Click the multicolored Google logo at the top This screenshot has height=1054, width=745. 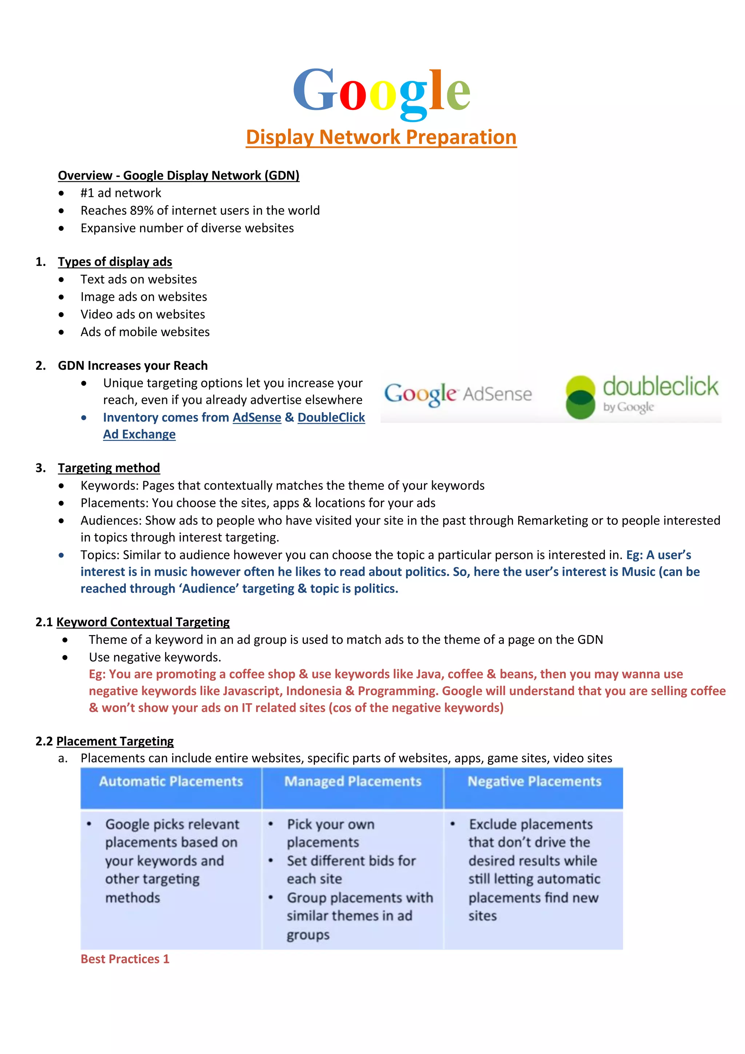point(381,92)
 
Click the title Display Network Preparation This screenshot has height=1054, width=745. point(381,137)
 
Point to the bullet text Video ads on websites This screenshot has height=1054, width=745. point(143,314)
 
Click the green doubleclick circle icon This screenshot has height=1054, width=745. point(580,397)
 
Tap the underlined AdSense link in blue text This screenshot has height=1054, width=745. point(257,418)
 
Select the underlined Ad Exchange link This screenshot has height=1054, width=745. point(139,434)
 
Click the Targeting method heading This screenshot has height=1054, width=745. point(109,468)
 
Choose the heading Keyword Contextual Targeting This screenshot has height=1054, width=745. point(143,622)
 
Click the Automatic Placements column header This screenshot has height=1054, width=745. point(171,781)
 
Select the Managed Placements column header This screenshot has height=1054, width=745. point(352,781)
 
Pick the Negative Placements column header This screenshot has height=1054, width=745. point(534,781)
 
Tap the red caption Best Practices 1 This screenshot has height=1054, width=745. point(125,959)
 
